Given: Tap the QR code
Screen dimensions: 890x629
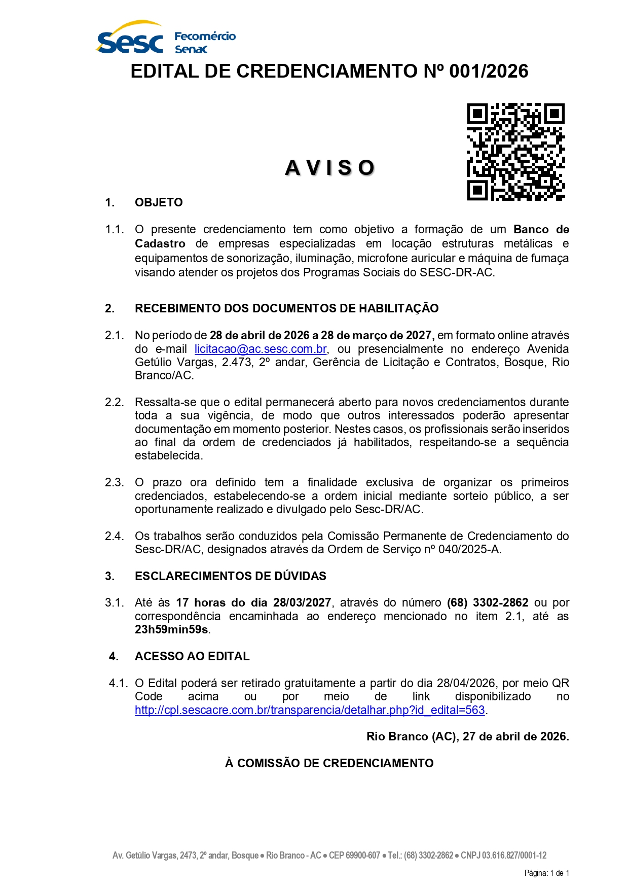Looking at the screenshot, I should click(x=515, y=152).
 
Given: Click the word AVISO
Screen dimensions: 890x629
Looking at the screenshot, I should click(x=330, y=168).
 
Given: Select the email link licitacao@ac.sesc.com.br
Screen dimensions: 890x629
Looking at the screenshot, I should click(x=261, y=349).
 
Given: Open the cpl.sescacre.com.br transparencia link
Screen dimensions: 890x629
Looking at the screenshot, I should click(x=310, y=710).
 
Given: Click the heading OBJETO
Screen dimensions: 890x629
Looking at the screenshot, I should click(x=159, y=202).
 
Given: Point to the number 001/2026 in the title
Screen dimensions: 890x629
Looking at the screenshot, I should click(x=489, y=72).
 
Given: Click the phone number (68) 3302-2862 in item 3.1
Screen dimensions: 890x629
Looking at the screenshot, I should click(x=488, y=602).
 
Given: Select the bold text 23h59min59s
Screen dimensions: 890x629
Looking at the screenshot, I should click(x=171, y=629).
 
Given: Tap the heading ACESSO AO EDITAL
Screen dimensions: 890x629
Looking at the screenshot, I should click(x=192, y=656).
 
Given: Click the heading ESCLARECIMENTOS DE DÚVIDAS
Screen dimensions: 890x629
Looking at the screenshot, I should click(x=231, y=576).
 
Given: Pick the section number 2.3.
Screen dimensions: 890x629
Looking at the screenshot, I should click(x=114, y=482).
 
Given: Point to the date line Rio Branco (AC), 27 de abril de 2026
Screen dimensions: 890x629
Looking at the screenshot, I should click(x=467, y=736).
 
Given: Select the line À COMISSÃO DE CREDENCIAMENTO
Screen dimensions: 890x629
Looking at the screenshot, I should click(x=329, y=763).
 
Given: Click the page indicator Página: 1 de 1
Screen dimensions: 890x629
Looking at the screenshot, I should click(x=546, y=873).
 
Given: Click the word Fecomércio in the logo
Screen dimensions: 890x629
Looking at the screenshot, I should click(x=205, y=36).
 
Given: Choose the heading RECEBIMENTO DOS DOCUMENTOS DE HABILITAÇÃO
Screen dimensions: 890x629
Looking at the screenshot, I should click(x=286, y=308).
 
